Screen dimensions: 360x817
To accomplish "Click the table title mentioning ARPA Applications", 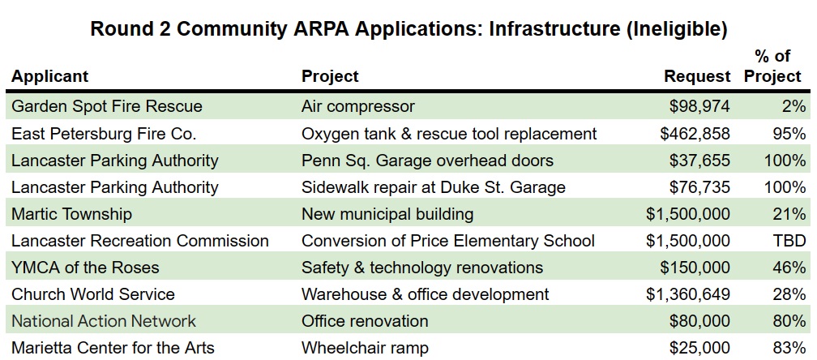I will point(408,29).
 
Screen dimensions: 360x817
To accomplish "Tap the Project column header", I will point(330,77).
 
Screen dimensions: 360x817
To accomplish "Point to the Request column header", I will point(697,77).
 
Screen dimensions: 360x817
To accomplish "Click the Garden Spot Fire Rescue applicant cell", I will point(107,106).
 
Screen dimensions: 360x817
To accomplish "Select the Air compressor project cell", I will point(357,106).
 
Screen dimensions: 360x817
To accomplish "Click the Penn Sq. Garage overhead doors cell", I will point(427,160).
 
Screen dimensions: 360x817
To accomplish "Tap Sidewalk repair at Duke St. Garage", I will point(433,187).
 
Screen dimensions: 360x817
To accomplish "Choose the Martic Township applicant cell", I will point(71,214).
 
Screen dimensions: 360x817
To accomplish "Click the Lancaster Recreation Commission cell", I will point(140,241).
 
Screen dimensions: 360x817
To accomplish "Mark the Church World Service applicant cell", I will point(93,294).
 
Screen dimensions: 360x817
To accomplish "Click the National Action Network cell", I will point(104,321).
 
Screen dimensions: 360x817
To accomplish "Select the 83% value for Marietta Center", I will point(789,348).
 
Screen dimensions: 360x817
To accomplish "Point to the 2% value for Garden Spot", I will point(794,106).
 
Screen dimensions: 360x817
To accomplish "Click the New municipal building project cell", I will point(387,214).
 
